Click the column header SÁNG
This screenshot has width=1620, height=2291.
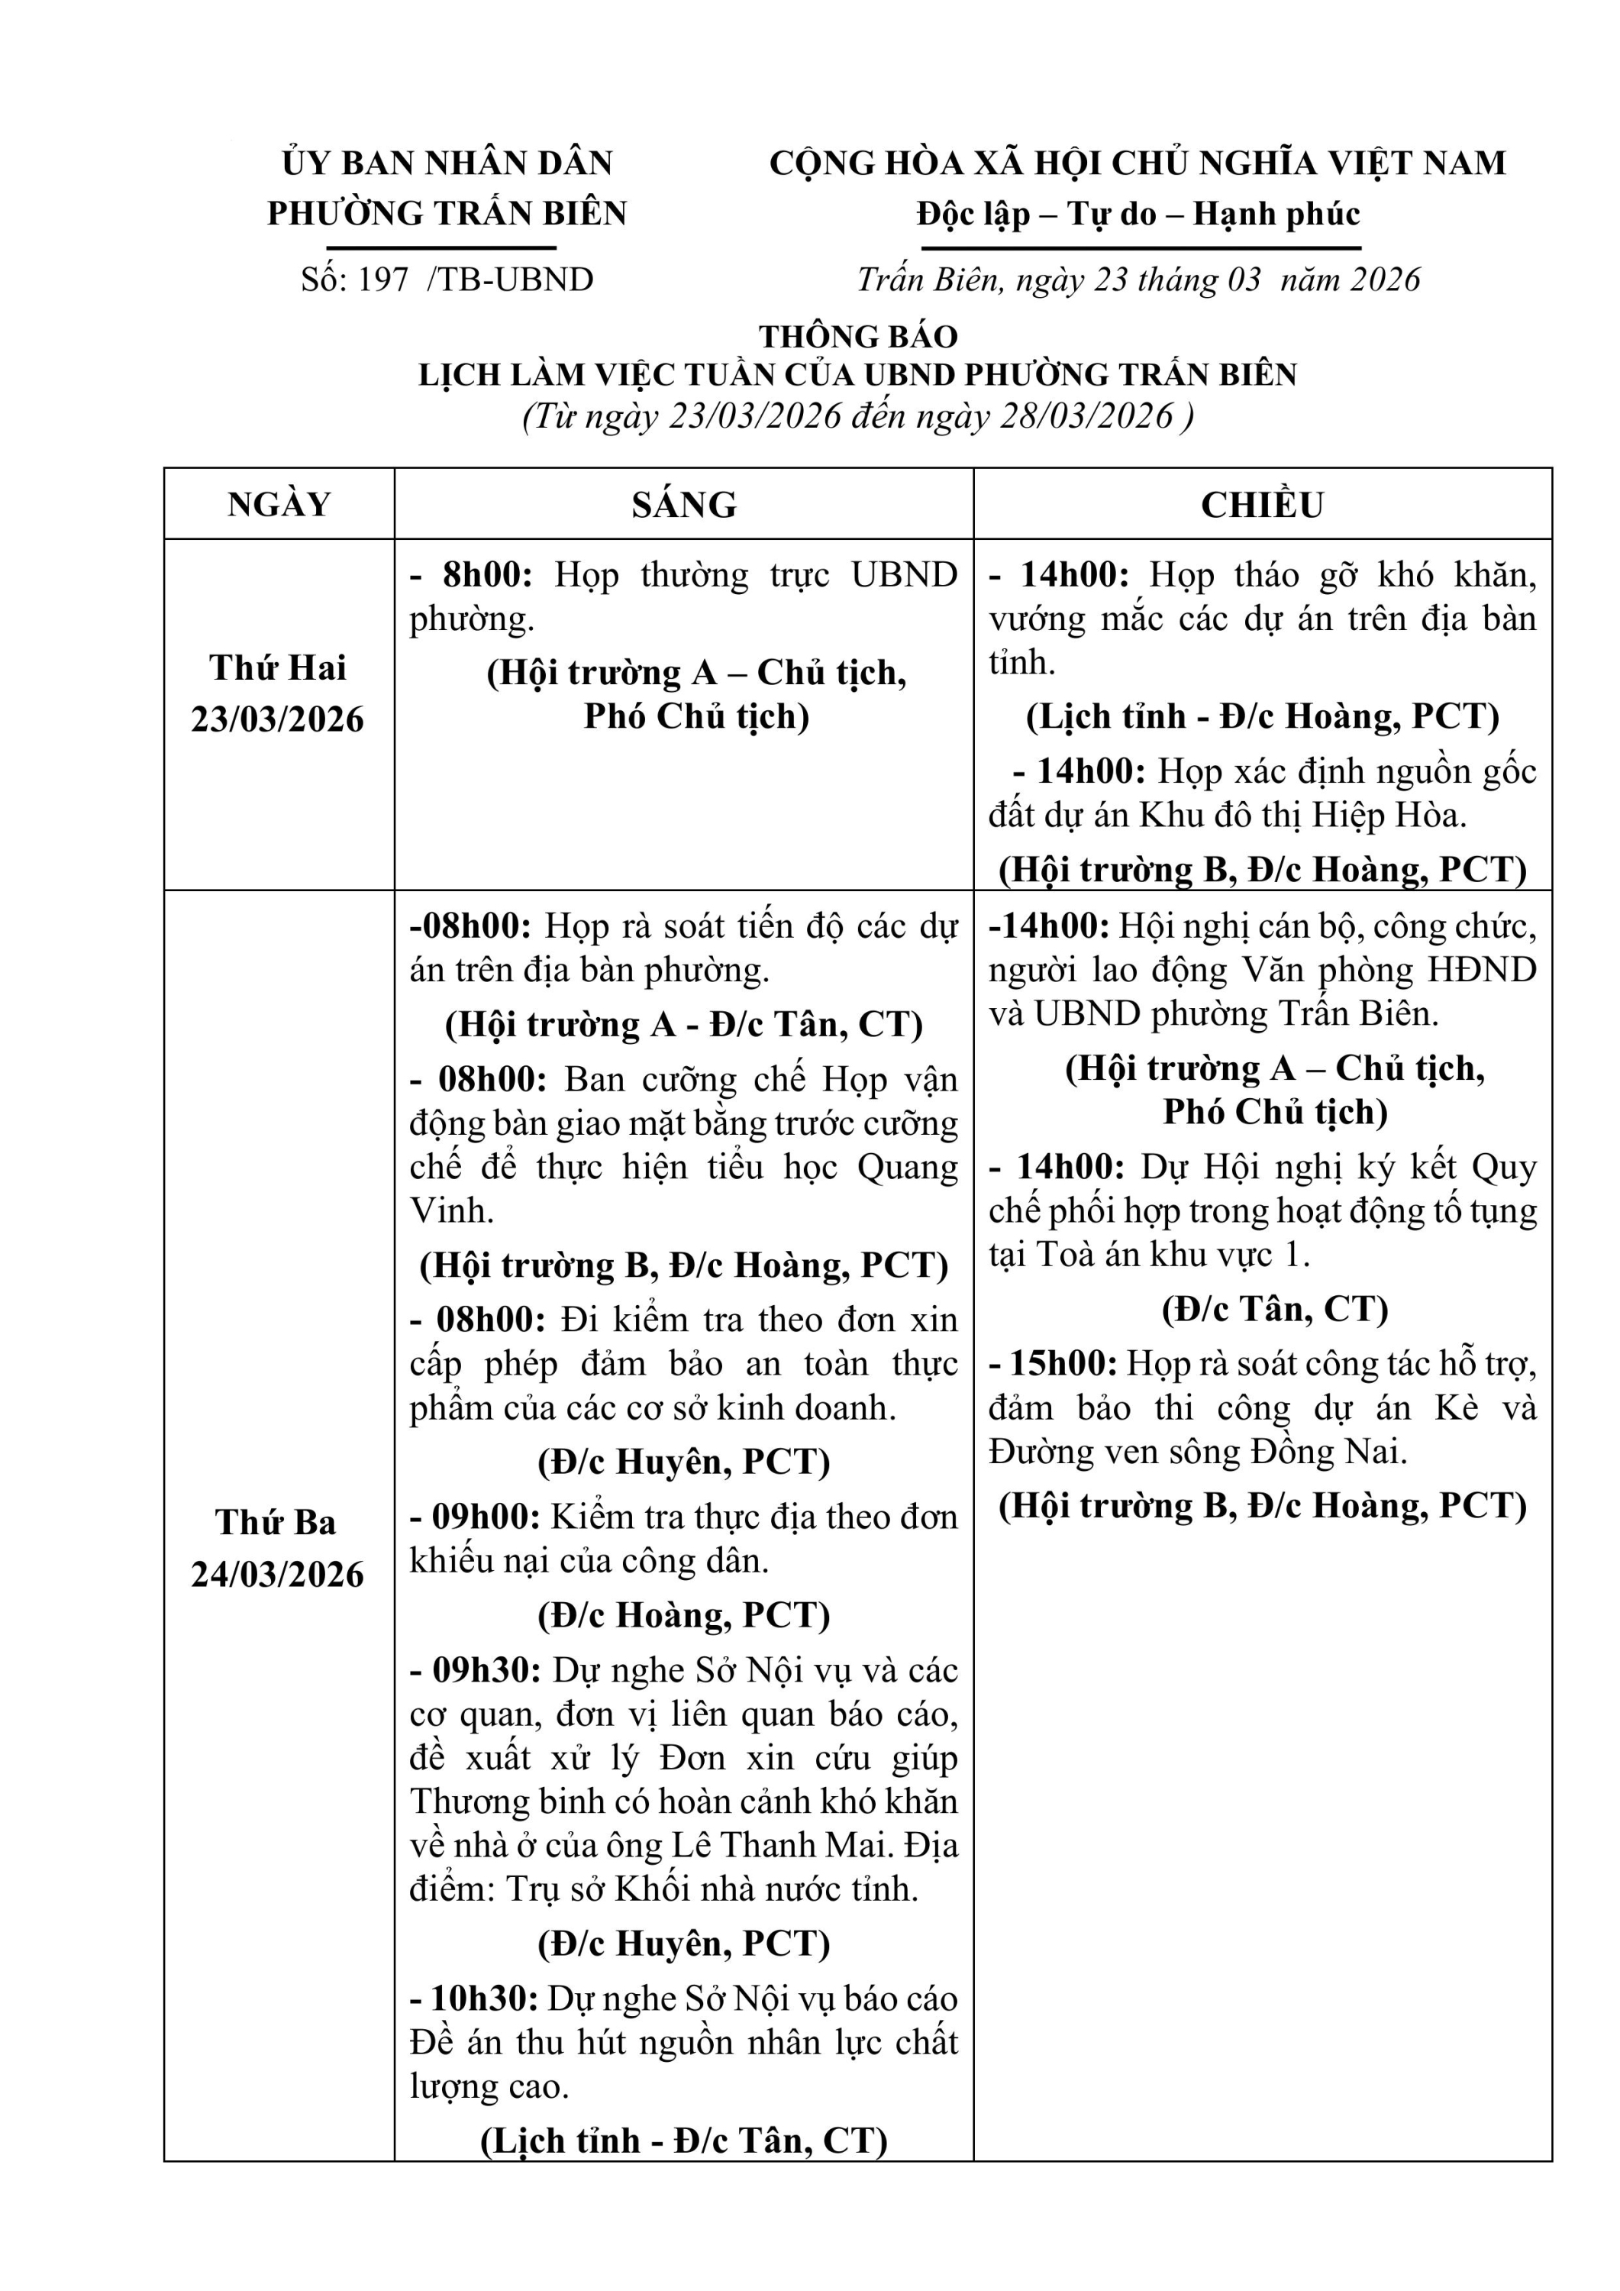[683, 505]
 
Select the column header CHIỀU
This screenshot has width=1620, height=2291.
[1262, 505]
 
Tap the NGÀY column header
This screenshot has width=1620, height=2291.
[279, 505]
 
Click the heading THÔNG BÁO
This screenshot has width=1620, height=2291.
[858, 336]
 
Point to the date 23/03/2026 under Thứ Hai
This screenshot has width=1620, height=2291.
[279, 719]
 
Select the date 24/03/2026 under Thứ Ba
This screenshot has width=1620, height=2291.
[279, 1575]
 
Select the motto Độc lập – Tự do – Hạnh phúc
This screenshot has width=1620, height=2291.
[1138, 214]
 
